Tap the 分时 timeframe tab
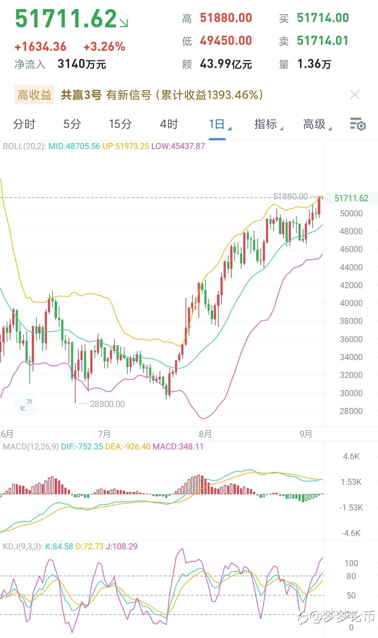click(x=24, y=124)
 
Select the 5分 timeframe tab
click(x=72, y=124)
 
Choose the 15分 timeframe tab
click(x=120, y=124)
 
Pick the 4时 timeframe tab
click(x=169, y=124)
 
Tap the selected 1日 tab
click(x=217, y=124)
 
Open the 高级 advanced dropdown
click(x=315, y=124)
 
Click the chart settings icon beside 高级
click(x=358, y=124)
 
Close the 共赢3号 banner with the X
click(x=355, y=95)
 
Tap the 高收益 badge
click(x=34, y=95)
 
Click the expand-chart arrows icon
click(x=26, y=405)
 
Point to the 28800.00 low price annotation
click(x=107, y=404)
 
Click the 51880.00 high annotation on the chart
click(x=290, y=196)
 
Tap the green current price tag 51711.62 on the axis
click(x=351, y=198)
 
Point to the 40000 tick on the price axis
click(x=351, y=303)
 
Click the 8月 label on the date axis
click(x=205, y=434)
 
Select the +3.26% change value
click(x=104, y=47)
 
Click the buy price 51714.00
click(x=323, y=18)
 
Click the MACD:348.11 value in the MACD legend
click(x=178, y=447)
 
